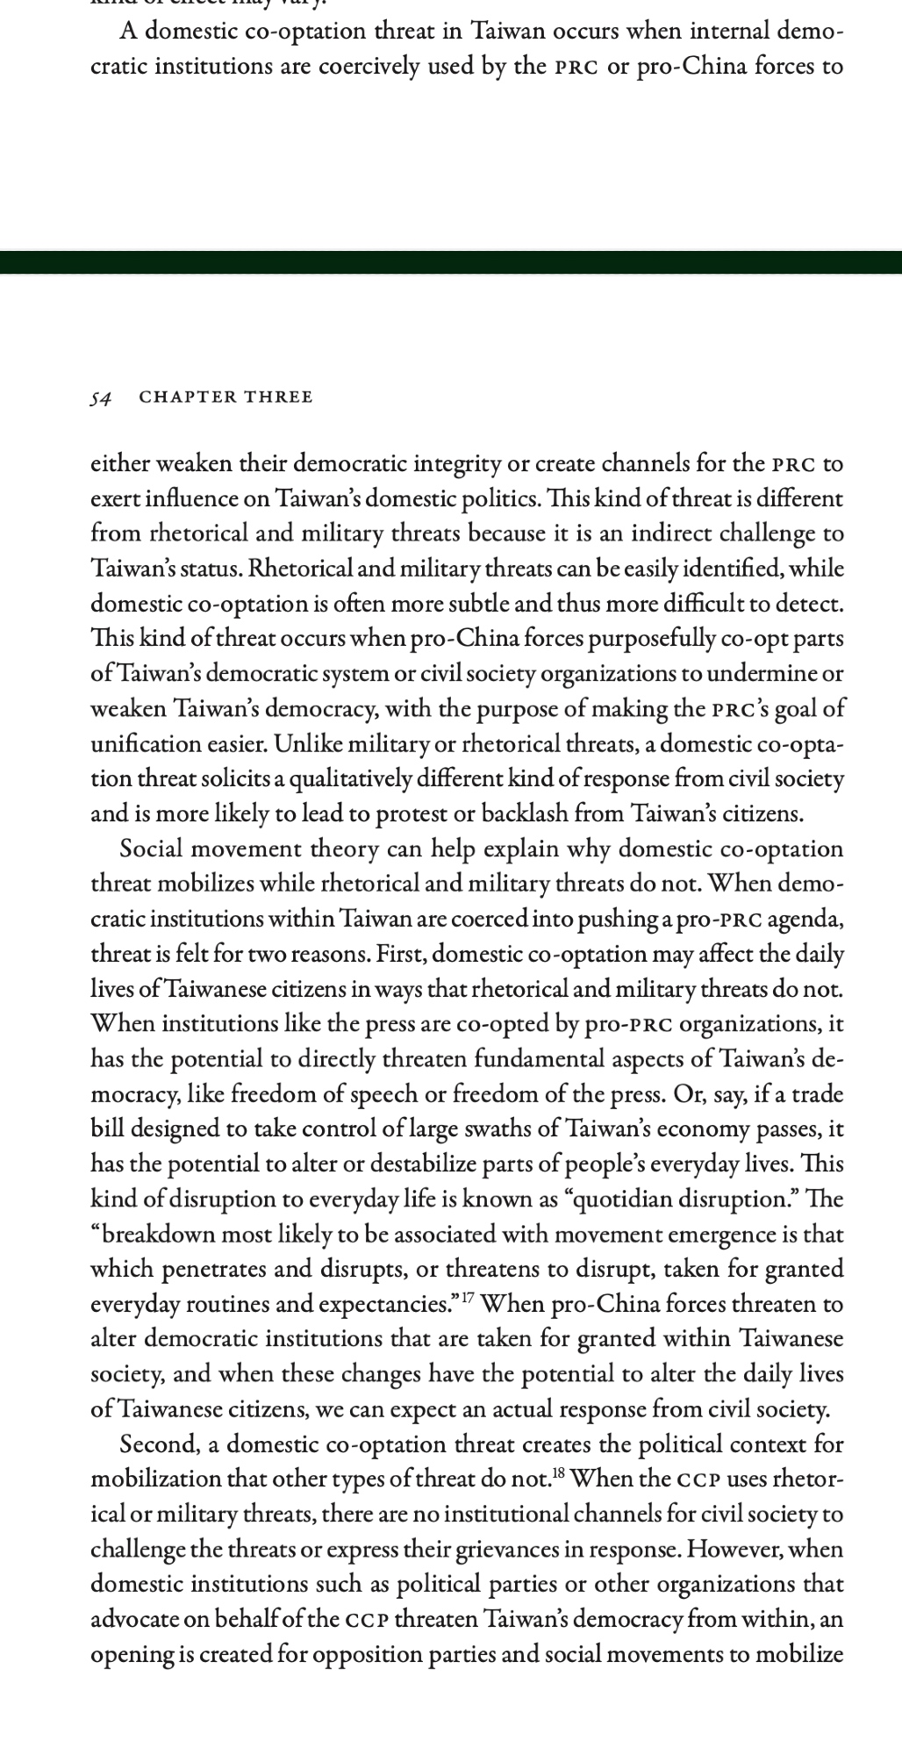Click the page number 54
coord(101,398)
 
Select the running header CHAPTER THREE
coord(225,397)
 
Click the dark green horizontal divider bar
coord(451,262)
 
